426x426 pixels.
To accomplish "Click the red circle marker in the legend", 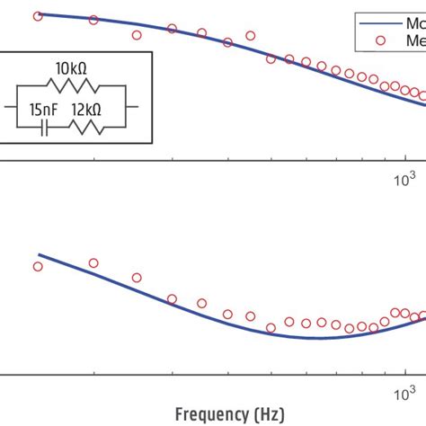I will (384, 40).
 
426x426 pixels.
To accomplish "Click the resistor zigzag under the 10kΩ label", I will (69, 84).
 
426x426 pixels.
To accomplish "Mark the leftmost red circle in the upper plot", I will (37, 16).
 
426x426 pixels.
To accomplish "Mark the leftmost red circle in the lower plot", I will (37, 266).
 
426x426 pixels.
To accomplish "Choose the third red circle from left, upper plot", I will (137, 35).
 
